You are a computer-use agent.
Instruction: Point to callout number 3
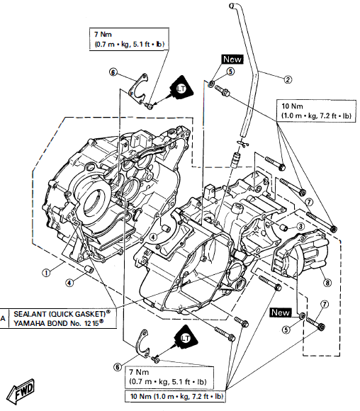[300, 227]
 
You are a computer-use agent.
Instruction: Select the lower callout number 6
[118, 366]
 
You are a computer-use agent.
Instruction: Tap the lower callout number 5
[286, 328]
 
